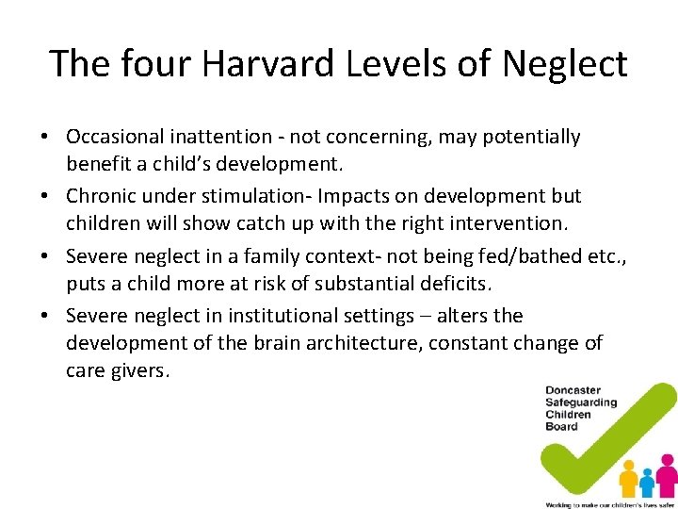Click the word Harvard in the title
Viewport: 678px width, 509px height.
(x=246, y=64)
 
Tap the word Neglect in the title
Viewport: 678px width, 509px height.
(x=565, y=64)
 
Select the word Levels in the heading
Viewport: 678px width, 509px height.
(x=398, y=64)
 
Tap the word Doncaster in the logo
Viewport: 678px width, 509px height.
(x=573, y=390)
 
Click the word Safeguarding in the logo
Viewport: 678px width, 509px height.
(x=580, y=402)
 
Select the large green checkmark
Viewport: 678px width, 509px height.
(x=603, y=443)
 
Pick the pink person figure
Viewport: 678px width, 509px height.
(x=667, y=476)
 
